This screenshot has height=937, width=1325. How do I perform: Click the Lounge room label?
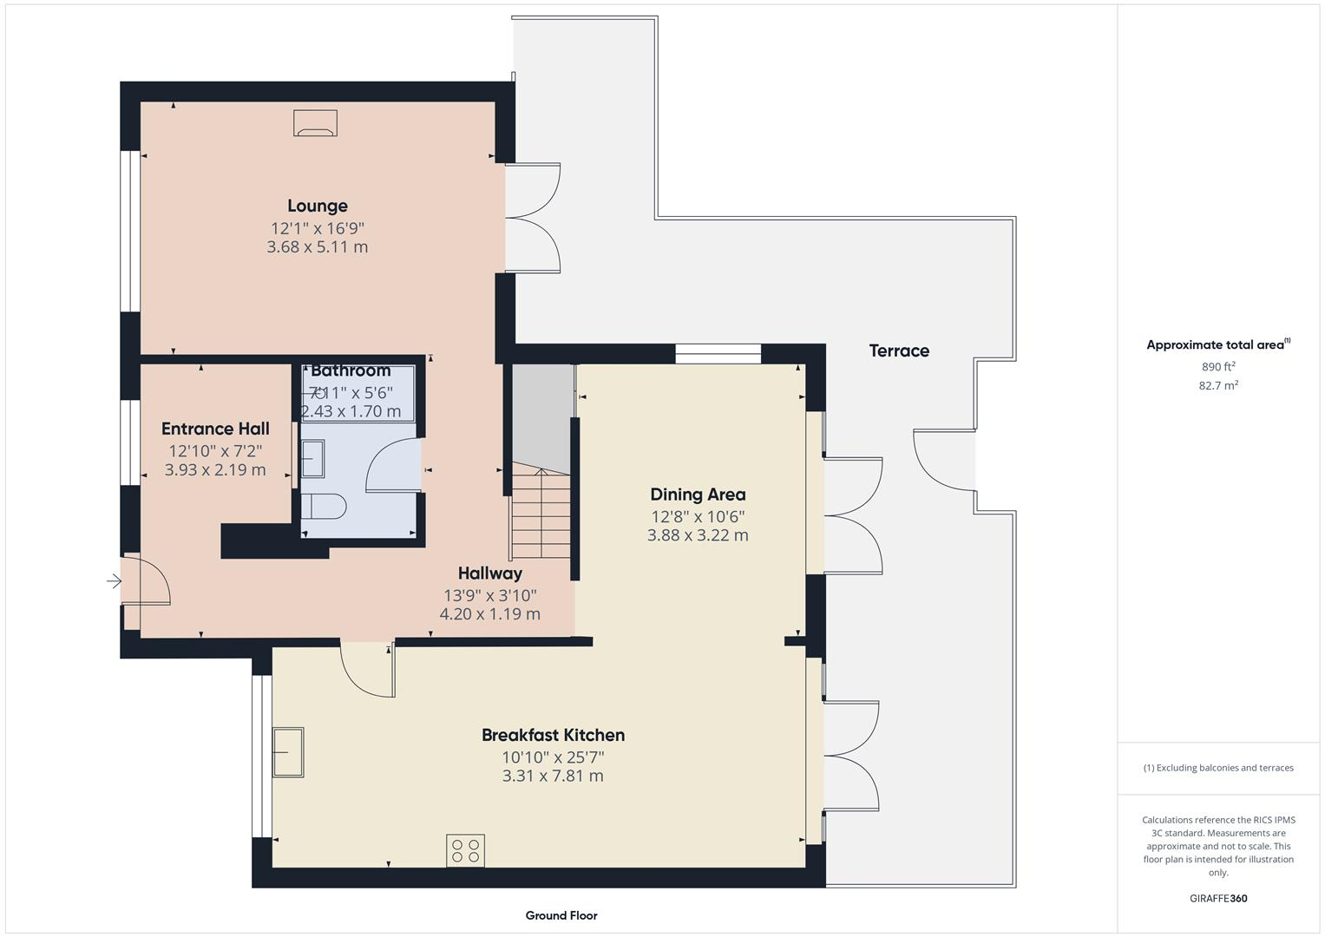coord(318,206)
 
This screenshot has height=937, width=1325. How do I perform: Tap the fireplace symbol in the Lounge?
coord(315,123)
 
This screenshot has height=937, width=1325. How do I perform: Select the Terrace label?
coord(899,351)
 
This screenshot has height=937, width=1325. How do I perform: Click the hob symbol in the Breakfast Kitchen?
coord(466,850)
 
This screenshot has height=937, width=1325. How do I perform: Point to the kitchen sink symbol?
coord(288,751)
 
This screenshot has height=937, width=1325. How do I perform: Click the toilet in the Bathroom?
coord(323,507)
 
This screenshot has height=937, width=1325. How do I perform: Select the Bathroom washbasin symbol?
coord(312,458)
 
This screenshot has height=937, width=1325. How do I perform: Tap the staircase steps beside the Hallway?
coord(541,512)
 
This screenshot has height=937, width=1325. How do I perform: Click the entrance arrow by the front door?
coord(114,581)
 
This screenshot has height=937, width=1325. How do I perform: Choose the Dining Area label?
coord(698,495)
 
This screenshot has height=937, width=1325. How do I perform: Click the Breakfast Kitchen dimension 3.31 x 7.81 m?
coord(553,776)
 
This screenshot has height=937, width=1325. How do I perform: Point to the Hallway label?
coord(490,573)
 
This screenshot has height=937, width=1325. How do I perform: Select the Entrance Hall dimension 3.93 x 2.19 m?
coord(215,470)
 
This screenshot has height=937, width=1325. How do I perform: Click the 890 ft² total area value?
coord(1218,366)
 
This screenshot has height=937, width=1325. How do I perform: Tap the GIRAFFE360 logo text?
coord(1218,898)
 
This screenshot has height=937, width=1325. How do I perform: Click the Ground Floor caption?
coord(561,915)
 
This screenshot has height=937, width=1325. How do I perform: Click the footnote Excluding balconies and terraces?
coord(1218,768)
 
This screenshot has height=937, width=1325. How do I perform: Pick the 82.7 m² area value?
coord(1218,385)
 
